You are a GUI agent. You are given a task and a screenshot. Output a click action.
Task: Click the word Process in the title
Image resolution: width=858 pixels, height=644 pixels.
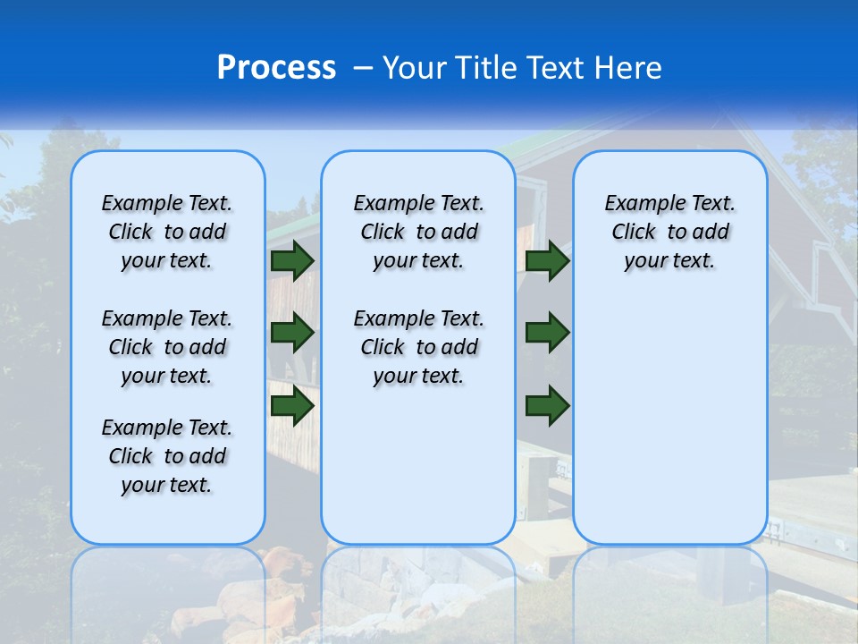(x=276, y=67)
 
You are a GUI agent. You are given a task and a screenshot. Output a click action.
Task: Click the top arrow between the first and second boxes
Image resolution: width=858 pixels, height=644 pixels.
(x=291, y=260)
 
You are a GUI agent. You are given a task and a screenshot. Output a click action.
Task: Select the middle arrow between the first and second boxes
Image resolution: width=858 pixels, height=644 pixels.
(x=291, y=333)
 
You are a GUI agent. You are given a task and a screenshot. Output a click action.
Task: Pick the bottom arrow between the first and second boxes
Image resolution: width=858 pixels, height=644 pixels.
(x=291, y=405)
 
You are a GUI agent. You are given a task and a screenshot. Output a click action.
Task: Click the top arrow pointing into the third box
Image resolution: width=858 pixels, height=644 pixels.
(x=547, y=260)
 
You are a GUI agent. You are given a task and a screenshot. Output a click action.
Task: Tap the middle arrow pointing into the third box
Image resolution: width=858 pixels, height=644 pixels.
(x=547, y=333)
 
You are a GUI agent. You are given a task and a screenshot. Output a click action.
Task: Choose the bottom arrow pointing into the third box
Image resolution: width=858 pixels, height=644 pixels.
(x=547, y=405)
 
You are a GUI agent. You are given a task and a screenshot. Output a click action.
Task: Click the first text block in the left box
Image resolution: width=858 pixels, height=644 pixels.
(x=167, y=232)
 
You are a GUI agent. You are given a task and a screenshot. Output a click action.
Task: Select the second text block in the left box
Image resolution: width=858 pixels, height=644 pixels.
(x=167, y=347)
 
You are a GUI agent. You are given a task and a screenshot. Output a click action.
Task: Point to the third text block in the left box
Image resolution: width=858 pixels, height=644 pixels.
(x=167, y=456)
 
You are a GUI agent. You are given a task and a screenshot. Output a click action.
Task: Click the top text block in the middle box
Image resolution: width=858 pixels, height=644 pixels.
(x=418, y=232)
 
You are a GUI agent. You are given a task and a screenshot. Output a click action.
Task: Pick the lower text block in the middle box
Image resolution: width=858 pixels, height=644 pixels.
(x=418, y=347)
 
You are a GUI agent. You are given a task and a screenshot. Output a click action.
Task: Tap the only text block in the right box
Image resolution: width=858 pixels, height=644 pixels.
(x=669, y=232)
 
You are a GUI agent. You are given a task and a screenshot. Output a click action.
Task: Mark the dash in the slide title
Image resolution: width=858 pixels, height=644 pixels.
(x=362, y=67)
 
